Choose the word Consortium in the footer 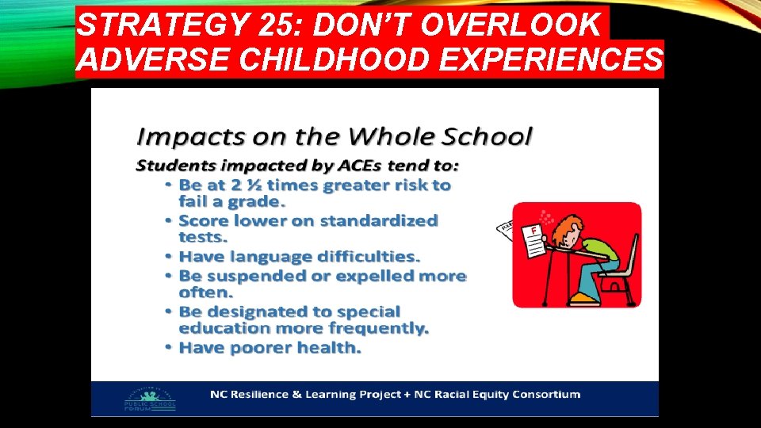545,394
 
